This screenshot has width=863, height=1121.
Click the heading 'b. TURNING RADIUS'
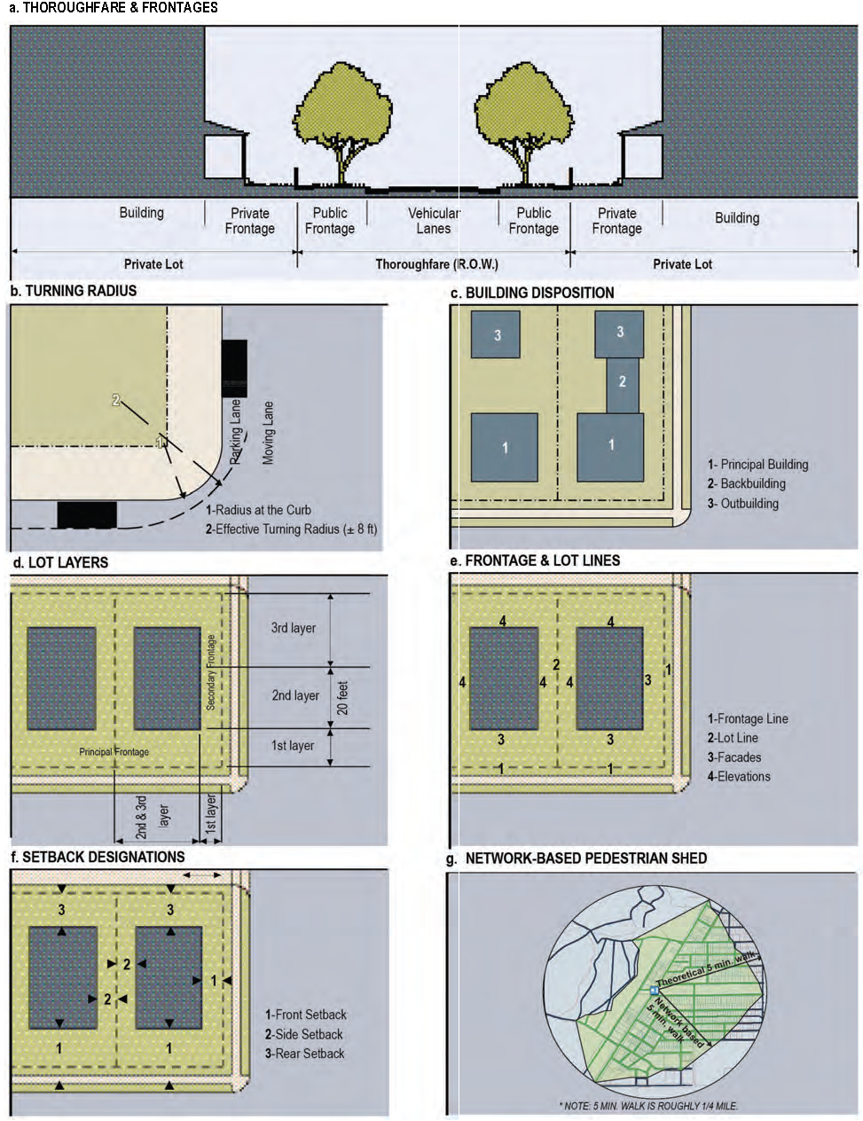(x=74, y=291)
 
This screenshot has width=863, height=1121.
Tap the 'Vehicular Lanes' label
(x=434, y=221)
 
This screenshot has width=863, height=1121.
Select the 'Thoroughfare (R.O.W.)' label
(x=436, y=264)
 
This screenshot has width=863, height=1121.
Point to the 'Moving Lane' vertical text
(x=268, y=433)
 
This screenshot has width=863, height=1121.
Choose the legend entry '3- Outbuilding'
(x=742, y=504)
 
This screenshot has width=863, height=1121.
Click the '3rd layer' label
(x=294, y=628)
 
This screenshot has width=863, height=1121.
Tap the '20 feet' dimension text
(x=342, y=698)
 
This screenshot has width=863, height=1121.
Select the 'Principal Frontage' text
(x=114, y=752)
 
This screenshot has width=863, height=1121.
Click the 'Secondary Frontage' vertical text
(x=210, y=672)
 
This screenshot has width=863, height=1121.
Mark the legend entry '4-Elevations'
(x=739, y=776)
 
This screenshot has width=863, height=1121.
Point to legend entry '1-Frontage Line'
(x=748, y=718)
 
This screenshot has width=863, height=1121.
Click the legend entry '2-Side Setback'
(x=304, y=1034)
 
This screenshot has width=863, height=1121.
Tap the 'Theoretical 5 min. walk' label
(x=706, y=968)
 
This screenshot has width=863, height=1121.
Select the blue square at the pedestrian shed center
(x=654, y=990)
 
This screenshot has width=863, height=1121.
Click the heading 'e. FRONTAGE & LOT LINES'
(x=535, y=560)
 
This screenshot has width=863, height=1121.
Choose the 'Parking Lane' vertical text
(x=235, y=431)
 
